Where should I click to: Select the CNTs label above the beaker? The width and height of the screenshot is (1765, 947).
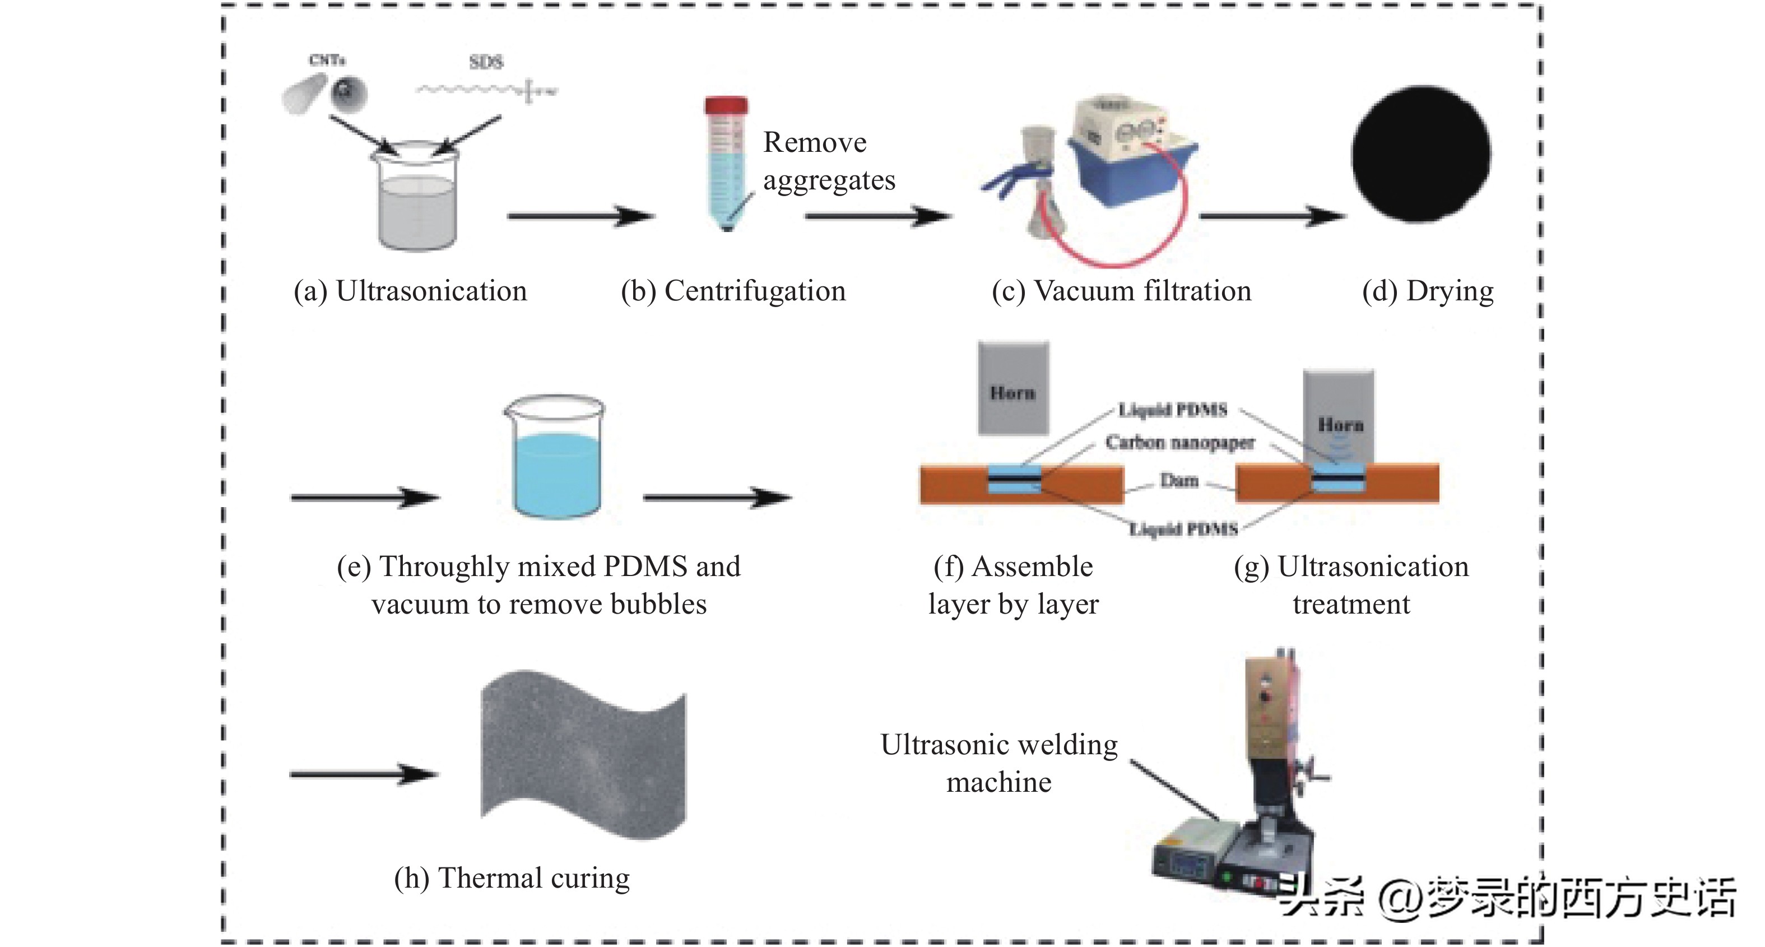pos(327,61)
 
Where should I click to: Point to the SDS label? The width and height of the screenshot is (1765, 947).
pos(486,62)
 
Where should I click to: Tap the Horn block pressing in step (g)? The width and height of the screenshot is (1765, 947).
pos(1339,418)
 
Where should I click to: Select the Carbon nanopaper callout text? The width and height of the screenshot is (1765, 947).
pos(1180,443)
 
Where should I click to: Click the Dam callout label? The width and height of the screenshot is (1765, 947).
pos(1178,480)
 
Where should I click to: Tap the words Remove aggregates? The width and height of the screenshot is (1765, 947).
pos(828,161)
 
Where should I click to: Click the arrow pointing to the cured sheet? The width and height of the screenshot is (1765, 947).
pos(363,775)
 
